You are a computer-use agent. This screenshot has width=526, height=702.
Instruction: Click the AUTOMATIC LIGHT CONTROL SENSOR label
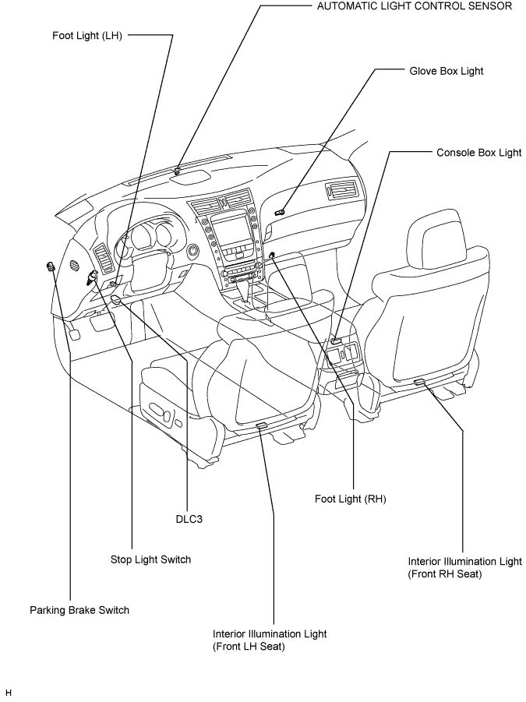coord(415,6)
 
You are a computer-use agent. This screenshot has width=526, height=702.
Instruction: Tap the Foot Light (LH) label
coord(87,36)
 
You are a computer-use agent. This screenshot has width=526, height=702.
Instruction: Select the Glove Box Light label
coord(447,71)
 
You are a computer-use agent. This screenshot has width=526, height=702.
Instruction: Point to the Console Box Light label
coord(479,153)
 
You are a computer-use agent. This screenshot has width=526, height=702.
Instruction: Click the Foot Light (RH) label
coord(350,499)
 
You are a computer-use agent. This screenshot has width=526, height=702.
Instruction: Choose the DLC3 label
coord(189,520)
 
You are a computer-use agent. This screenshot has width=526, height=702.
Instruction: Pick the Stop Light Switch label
coord(151,559)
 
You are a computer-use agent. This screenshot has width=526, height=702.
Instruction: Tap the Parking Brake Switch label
coord(79,610)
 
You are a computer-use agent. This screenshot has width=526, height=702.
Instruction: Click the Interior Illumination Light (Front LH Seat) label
coord(270,640)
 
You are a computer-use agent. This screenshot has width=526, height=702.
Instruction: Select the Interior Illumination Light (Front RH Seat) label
coord(465,568)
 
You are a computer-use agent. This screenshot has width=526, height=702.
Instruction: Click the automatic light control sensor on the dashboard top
coord(178,170)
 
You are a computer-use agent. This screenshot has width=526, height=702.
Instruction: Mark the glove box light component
coord(281,212)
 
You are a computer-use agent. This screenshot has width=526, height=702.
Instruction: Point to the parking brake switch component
coord(50,266)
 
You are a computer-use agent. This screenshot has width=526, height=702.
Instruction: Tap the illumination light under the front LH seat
coord(261,425)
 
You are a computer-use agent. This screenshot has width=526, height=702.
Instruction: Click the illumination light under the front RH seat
coord(420,382)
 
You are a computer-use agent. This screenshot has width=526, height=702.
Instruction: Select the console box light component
coord(336,340)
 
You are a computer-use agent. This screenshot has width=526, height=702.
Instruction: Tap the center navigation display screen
coord(232,229)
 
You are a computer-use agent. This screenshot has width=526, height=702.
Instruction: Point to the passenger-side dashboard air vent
coord(341,190)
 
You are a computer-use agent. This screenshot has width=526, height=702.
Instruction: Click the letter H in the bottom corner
coord(9,693)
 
